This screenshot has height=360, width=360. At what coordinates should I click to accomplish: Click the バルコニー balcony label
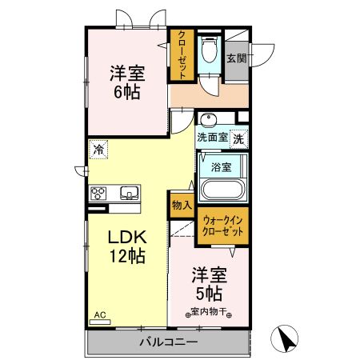[x=169, y=342]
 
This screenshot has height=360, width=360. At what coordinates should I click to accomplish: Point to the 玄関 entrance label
[x=236, y=58]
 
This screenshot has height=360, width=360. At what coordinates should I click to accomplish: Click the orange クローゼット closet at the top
[x=182, y=54]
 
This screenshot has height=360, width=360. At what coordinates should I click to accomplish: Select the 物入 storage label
[x=182, y=205]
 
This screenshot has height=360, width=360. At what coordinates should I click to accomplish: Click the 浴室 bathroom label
[x=221, y=167]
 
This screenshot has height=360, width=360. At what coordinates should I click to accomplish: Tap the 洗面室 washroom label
[x=213, y=138]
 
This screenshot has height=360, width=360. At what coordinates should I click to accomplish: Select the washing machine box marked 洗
[x=239, y=138]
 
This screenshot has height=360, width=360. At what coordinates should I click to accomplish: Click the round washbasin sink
[x=207, y=121]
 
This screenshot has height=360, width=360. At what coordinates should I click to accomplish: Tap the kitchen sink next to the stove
[x=129, y=193]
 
